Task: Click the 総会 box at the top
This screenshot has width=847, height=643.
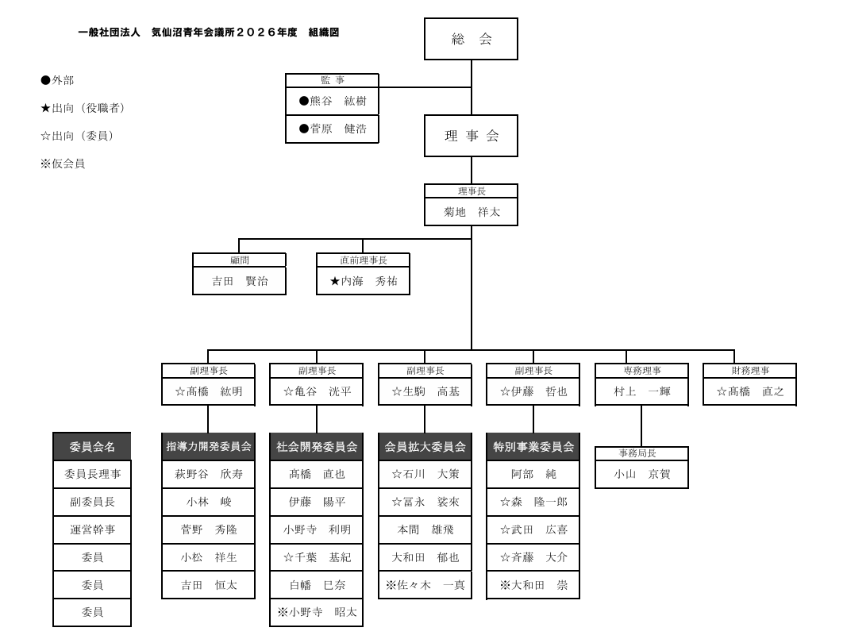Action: pos(471,39)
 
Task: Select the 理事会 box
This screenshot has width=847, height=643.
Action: pos(471,136)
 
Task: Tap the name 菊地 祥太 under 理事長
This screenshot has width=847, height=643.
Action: pos(471,212)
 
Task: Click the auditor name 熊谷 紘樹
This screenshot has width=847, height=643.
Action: pos(332,101)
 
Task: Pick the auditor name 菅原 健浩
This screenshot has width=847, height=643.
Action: pos(332,129)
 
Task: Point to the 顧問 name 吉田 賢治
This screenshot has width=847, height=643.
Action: pos(239,281)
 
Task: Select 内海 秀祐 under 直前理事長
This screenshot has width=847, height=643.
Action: pos(363,281)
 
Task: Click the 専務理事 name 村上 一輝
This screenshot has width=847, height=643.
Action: pos(641,391)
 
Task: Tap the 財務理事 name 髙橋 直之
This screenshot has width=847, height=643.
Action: pos(749,391)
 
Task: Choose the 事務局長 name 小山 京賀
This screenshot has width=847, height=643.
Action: pos(641,474)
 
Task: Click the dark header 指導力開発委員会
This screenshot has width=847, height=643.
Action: pos(208,447)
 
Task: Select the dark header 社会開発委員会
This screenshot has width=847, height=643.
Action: pos(316,447)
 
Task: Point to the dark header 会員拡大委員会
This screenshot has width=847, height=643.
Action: pos(425,447)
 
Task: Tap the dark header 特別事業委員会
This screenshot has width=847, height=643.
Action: pos(533,447)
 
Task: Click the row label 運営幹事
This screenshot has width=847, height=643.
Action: pos(92,529)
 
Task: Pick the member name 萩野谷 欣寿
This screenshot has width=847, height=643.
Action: pos(208,474)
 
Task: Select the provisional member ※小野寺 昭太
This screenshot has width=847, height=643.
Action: pos(316,612)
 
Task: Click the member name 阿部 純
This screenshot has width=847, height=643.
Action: pos(533,474)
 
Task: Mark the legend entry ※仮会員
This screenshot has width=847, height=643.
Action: pos(63,164)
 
